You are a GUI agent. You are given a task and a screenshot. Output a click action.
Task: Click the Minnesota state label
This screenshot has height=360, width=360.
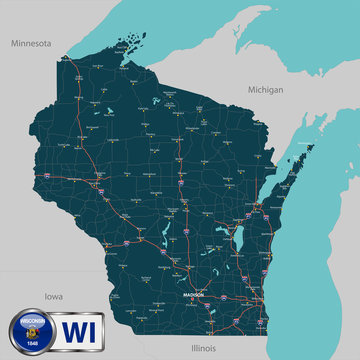(31, 44)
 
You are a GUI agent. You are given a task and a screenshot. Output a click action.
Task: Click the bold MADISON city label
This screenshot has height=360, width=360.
(194, 295)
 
